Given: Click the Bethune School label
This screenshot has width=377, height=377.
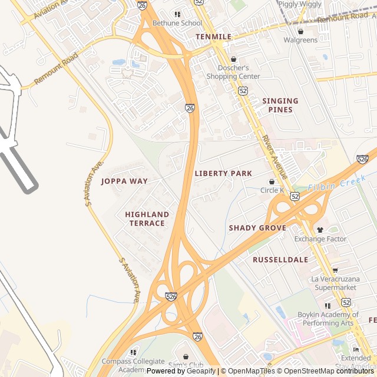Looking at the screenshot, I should point(177,23).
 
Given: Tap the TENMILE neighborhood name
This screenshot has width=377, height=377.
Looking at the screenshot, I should point(213,37).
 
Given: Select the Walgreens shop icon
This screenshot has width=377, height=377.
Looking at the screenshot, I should point(300,31).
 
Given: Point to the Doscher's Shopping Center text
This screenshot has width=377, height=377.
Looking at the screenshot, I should point(233,72).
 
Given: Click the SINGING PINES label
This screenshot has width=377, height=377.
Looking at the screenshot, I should point(280,105).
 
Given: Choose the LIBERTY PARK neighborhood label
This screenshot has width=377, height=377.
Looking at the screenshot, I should point(223,174).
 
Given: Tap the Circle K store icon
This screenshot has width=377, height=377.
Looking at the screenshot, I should point(272,181).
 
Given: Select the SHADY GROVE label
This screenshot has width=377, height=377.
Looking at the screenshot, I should point(257,228).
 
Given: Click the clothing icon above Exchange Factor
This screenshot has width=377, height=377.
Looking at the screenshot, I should point(320,230).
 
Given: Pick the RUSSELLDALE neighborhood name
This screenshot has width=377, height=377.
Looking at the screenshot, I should point(280,260).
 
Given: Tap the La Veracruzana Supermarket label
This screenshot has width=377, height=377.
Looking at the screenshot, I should point(334,283).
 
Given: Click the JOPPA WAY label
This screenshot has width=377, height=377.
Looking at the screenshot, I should point(124,181).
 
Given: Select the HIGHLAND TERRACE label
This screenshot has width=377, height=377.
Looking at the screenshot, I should point(147,219).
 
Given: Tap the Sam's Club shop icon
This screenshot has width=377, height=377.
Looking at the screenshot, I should point(186,356).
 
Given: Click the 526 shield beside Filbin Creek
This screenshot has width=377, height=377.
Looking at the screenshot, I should point(362,159).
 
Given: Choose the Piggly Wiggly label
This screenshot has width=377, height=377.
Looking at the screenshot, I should point(300,4).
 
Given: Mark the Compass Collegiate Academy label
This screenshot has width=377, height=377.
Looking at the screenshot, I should point(133,365).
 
